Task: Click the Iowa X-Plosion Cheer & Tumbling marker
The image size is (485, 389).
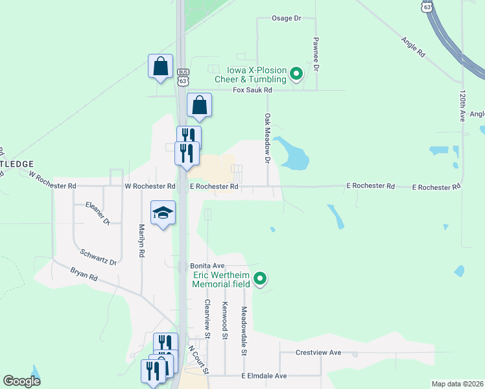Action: pyautogui.click(x=296, y=74)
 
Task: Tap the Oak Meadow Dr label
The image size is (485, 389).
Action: pyautogui.click(x=267, y=137)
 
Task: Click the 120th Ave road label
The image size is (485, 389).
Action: pyautogui.click(x=463, y=106)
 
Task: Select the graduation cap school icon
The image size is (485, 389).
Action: pyautogui.click(x=163, y=213)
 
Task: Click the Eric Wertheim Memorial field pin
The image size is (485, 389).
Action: pyautogui.click(x=260, y=279)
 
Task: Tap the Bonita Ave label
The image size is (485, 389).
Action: pyautogui.click(x=207, y=266)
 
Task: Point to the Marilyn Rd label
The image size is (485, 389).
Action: pyautogui.click(x=141, y=241)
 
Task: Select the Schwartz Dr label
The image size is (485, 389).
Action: pyautogui.click(x=97, y=257)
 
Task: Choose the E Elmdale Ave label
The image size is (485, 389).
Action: pyautogui.click(x=264, y=376)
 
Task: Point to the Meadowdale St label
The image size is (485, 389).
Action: pyautogui.click(x=244, y=331)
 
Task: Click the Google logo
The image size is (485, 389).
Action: pyautogui.click(x=21, y=381)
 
